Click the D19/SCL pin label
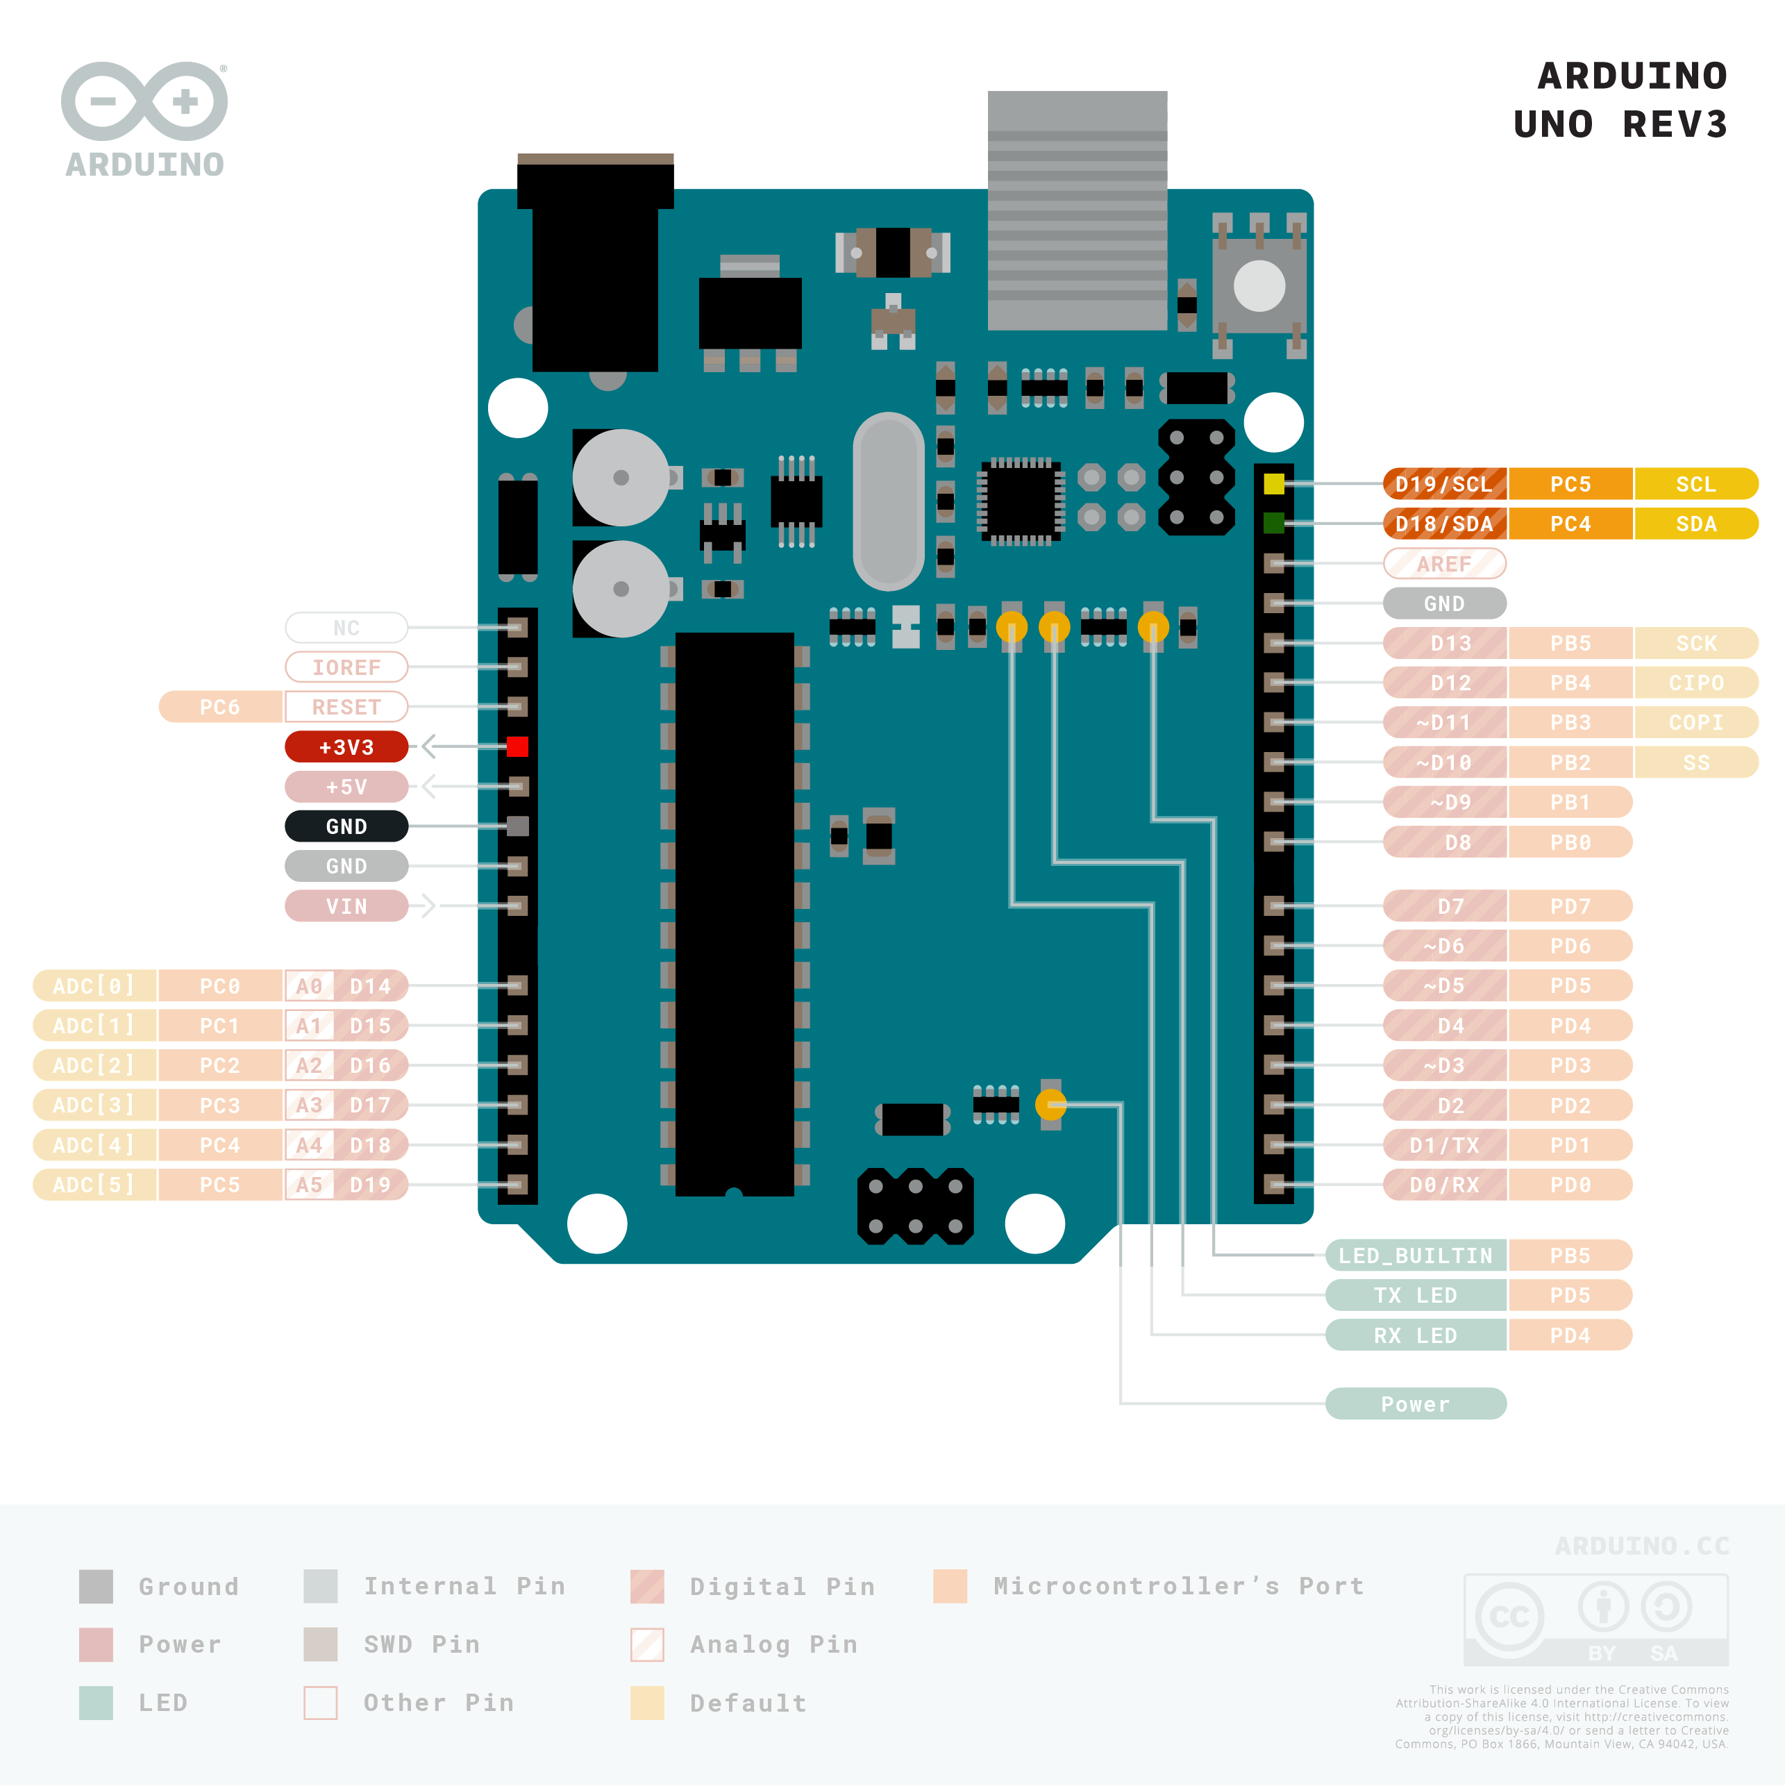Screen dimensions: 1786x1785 click(x=1444, y=483)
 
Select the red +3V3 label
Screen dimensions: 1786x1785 click(x=346, y=747)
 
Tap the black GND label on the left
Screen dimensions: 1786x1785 click(x=346, y=826)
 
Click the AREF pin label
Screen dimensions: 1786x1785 click(x=1444, y=563)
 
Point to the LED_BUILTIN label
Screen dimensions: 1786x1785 click(x=1415, y=1255)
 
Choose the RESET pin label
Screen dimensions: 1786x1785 click(x=346, y=707)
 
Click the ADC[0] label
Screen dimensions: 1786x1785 click(x=94, y=985)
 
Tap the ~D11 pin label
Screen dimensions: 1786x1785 click(x=1444, y=722)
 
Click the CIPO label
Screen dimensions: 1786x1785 click(x=1695, y=682)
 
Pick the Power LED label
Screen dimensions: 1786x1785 click(x=1415, y=1403)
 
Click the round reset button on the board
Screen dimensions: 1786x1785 click(x=1259, y=285)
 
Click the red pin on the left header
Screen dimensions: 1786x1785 click(x=518, y=747)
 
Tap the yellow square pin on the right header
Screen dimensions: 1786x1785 click(x=1274, y=483)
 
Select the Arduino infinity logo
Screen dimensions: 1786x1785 click(x=144, y=101)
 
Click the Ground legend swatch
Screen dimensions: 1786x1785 click(x=96, y=1586)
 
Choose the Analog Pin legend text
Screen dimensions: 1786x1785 click(x=773, y=1644)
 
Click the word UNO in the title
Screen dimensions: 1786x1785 click(x=1553, y=124)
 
